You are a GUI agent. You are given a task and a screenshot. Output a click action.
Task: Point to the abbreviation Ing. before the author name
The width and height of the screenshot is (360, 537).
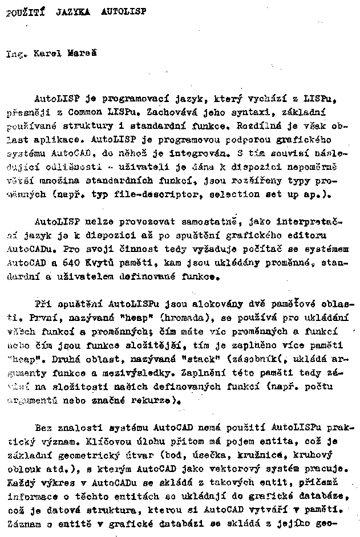point(16,55)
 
